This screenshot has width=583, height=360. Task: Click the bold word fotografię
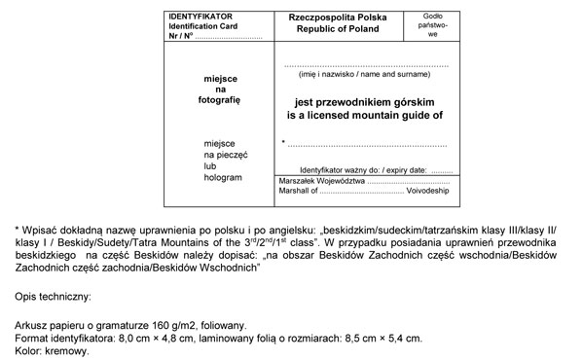coord(220,99)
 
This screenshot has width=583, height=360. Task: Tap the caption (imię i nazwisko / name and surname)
coord(365,75)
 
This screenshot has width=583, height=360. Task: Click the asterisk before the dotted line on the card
coord(282,143)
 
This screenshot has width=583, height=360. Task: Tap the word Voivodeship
coord(429,193)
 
